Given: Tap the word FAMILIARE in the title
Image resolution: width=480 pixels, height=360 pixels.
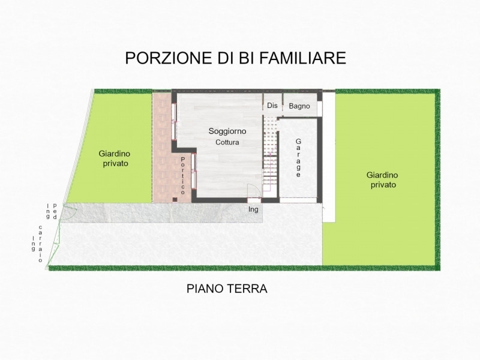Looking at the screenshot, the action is pos(303,58).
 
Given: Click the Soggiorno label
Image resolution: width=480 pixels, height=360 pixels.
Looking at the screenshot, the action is pos(227,131).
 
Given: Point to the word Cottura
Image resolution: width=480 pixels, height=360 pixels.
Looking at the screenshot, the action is pos(227,142).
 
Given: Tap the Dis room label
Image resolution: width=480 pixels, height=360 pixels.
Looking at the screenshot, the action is pos(272,106).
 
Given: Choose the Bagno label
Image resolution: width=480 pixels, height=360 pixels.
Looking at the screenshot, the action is pos(299,106).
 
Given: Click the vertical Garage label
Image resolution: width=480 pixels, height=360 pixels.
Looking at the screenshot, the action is pos(298,158).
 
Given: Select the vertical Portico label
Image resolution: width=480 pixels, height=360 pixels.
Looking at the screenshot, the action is pos(183,176).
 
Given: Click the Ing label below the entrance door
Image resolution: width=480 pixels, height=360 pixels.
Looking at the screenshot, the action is pos(253,209).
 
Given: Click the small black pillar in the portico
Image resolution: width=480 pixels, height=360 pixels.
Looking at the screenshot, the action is pos(175,200).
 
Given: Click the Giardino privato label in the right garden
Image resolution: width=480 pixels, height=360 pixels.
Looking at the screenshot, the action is pos(382,179).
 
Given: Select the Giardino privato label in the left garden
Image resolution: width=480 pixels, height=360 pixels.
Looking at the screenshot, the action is pos(115,158).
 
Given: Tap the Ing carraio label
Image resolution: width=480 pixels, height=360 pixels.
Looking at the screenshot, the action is pos(37,244).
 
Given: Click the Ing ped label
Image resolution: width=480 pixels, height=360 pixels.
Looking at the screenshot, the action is pos(51,211).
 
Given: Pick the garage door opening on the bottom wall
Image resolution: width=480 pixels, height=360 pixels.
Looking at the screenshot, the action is pos(298,200).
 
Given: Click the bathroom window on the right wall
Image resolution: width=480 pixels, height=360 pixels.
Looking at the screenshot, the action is pos(320,109).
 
